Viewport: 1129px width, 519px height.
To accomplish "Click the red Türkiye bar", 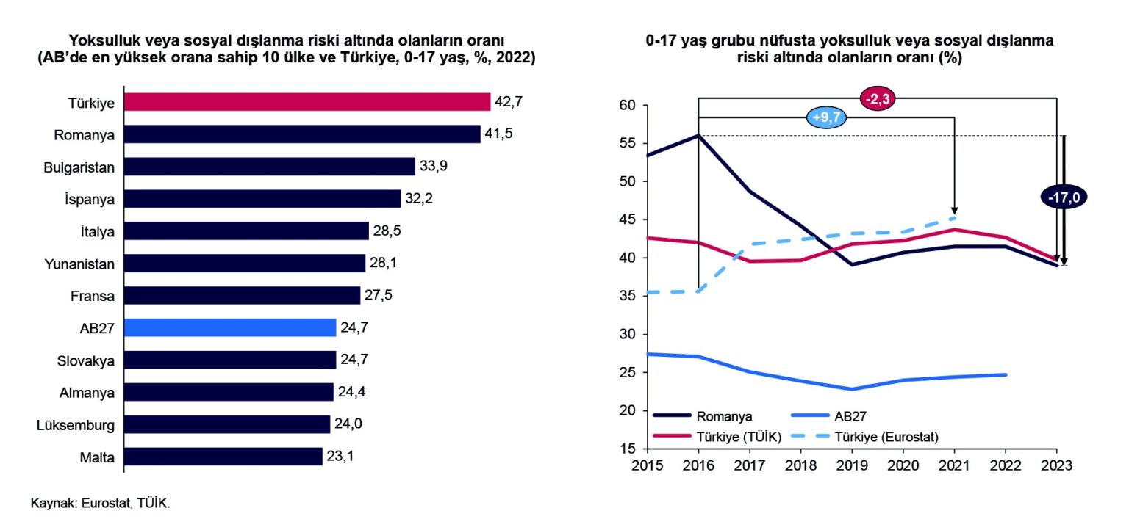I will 307,102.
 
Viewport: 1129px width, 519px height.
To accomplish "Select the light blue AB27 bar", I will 229,327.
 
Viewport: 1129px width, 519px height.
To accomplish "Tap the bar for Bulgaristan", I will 269,167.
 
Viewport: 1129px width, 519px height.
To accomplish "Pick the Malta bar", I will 223,457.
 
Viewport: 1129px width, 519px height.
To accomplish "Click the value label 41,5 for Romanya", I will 498,134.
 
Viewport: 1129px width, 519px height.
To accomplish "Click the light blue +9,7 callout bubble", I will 827,117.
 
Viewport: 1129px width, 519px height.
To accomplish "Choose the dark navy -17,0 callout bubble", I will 1063,197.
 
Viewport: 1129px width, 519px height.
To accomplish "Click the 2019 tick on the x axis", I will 852,465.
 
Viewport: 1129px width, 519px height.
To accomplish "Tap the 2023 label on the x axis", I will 1056,465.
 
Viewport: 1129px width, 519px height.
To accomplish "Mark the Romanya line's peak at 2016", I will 698,135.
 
